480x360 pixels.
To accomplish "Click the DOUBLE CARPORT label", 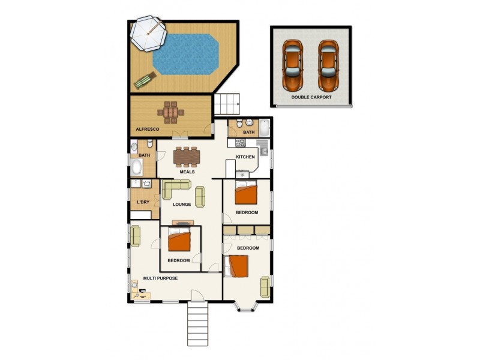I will click(311, 97).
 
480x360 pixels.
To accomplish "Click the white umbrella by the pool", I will click(148, 34).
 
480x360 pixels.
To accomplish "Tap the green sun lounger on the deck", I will click(145, 80).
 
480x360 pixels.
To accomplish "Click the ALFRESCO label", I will click(146, 129).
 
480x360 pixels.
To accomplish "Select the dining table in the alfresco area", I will click(172, 112).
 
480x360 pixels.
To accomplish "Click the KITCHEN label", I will click(245, 157).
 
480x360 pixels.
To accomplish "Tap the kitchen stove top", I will click(240, 143).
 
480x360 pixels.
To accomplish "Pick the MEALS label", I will click(187, 172).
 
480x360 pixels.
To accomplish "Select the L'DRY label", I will click(143, 202).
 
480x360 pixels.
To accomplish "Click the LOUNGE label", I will click(182, 205).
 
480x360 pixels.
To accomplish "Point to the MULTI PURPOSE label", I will click(160, 278).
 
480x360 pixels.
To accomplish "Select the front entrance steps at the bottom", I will click(198, 324).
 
